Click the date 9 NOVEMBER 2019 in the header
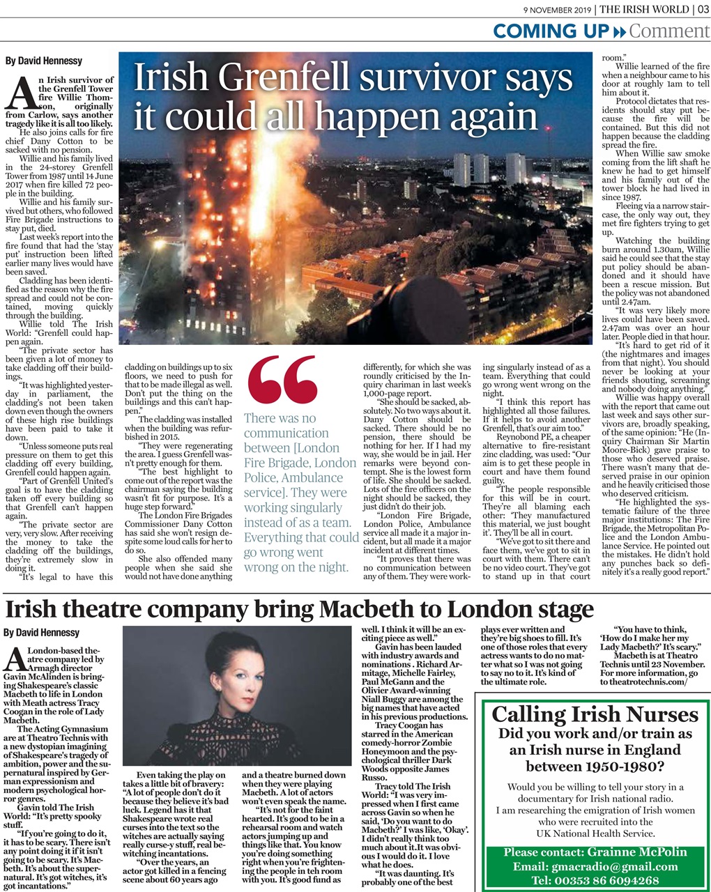(x=558, y=9)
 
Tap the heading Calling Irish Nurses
(x=595, y=714)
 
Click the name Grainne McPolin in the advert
(x=637, y=852)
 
